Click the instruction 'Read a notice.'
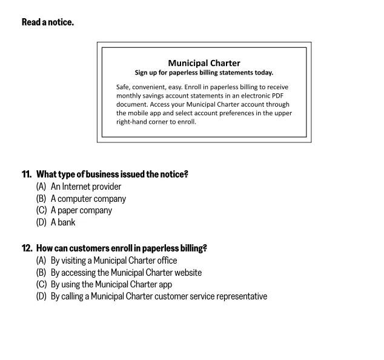48,22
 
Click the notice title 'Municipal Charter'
204,63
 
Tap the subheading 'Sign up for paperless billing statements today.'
204,73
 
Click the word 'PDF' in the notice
278,96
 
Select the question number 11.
27,175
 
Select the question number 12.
27,248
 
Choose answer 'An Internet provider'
86,187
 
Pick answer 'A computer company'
88,199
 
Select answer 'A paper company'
81,210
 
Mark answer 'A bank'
63,222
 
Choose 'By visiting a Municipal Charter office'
114,261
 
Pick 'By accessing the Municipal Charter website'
126,273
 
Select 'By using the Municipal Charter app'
111,284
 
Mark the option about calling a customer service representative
159,296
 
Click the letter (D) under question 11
41,222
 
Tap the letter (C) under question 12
41,284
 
